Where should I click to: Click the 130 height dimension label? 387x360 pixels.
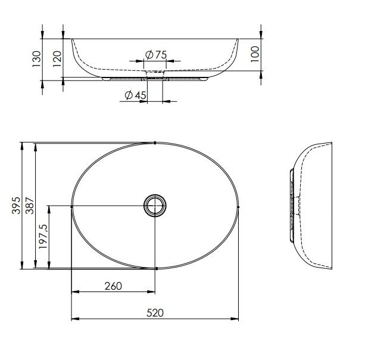tap(37, 58)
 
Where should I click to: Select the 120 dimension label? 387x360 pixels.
tap(57, 58)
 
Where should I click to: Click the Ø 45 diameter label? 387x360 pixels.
tap(135, 95)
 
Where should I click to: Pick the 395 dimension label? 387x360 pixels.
tap(17, 206)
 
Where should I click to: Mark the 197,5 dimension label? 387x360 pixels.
tap(43, 237)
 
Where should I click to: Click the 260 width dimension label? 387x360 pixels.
tap(113, 286)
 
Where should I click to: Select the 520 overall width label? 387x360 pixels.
tap(155, 312)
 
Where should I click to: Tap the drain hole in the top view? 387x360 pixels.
tap(155, 206)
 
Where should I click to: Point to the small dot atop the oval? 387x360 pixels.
tap(155, 143)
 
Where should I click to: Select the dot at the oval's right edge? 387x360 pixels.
tap(238, 206)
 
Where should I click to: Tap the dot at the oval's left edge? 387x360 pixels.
tap(72, 206)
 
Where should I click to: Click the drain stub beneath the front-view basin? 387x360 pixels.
tap(155, 78)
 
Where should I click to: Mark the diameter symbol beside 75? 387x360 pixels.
tap(149, 55)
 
